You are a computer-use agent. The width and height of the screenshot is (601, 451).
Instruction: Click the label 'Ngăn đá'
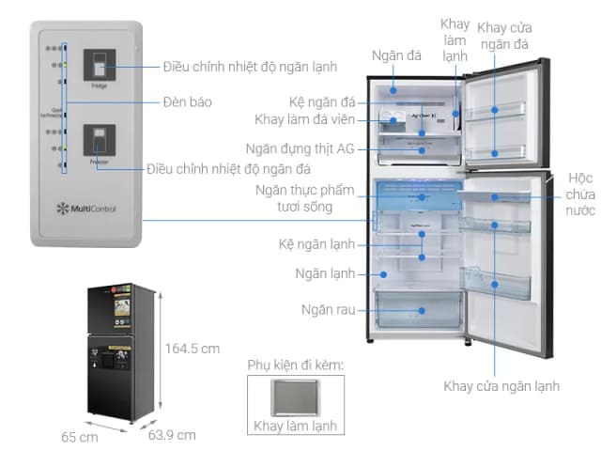pos(394,56)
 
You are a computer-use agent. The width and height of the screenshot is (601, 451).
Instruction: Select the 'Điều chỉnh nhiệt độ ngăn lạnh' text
pos(250,67)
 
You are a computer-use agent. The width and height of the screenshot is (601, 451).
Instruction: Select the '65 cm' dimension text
pos(80,437)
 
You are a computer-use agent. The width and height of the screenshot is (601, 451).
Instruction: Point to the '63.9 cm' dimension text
pos(172,434)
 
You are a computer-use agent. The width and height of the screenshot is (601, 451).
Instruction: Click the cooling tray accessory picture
pos(292,397)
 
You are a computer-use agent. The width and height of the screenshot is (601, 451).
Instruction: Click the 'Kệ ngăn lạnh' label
pos(316,244)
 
